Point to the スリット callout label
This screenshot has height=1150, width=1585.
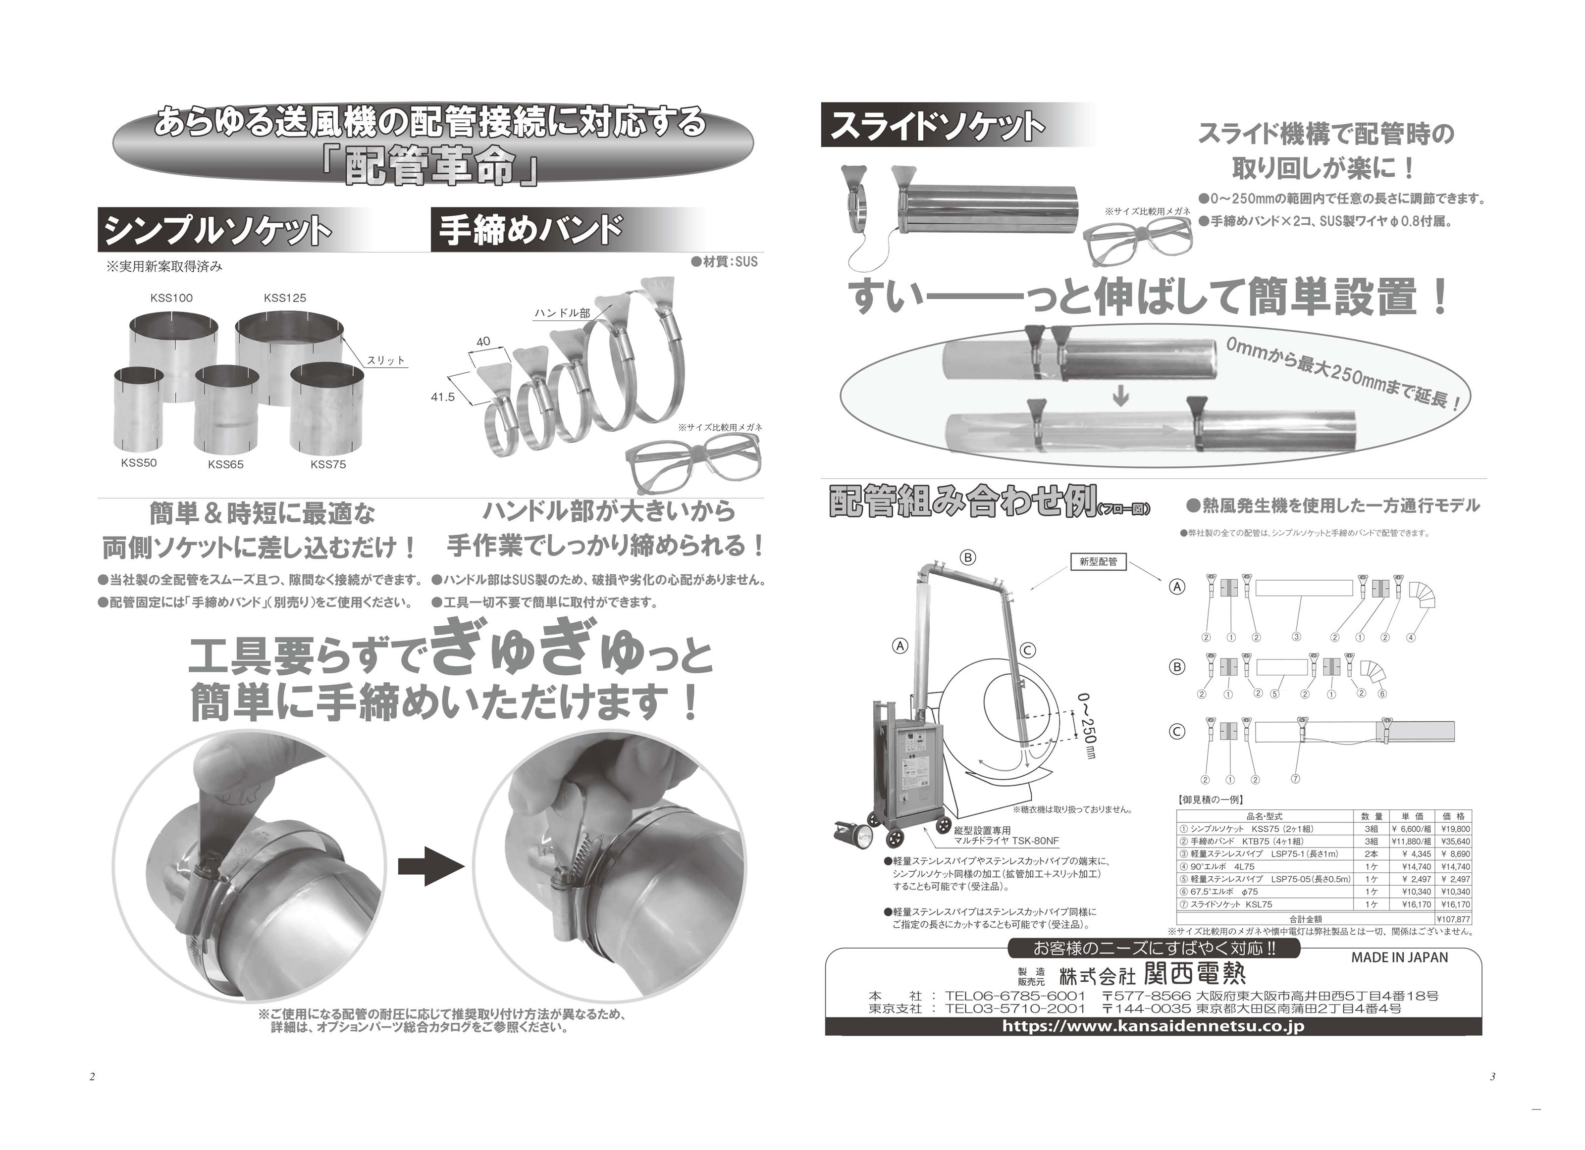point(386,360)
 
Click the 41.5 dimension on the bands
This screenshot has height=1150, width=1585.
point(442,397)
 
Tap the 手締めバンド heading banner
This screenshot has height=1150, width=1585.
point(531,231)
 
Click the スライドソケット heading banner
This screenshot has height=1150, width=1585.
point(937,126)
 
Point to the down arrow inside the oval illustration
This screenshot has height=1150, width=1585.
point(1120,398)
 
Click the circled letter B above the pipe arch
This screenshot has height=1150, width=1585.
point(968,557)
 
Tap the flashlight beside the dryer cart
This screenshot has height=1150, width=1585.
point(853,833)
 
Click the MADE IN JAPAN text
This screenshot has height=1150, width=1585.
point(1399,957)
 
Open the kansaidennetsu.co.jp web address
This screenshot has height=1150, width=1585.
point(1153,1026)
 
